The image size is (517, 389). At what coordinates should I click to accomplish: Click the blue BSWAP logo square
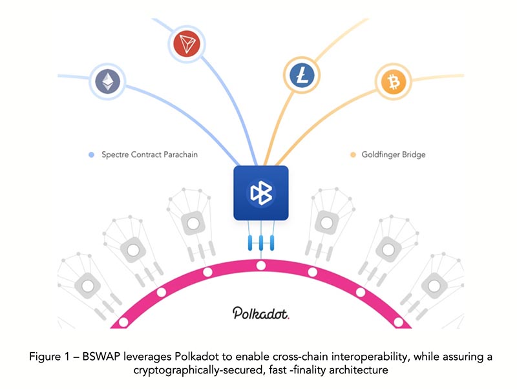(x=261, y=192)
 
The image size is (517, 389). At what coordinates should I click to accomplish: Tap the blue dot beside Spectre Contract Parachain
(x=91, y=155)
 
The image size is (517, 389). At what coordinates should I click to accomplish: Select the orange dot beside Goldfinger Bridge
(x=353, y=155)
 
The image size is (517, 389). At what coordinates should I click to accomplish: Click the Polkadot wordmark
(x=260, y=313)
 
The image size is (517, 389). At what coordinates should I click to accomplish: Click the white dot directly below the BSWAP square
(x=260, y=266)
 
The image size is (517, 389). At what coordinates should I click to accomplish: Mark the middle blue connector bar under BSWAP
(x=260, y=243)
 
